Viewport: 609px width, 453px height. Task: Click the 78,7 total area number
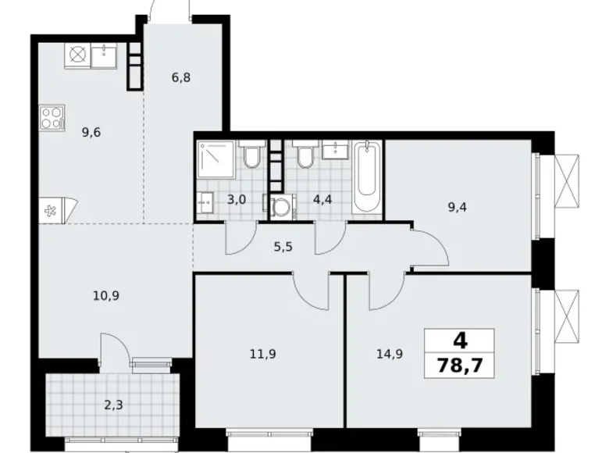click(x=461, y=365)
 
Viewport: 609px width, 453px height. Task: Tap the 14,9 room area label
click(x=390, y=352)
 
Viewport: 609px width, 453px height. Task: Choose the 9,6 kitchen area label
click(x=91, y=131)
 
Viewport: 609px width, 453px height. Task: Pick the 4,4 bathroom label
click(x=322, y=200)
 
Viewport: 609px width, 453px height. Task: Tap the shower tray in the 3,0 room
click(x=216, y=159)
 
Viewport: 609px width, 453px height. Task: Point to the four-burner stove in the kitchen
click(x=52, y=118)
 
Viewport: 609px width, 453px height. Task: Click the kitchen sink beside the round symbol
click(x=104, y=55)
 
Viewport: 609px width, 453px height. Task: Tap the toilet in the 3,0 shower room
click(x=251, y=158)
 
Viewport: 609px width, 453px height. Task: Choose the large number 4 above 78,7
click(x=461, y=341)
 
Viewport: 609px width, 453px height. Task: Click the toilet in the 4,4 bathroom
click(x=304, y=159)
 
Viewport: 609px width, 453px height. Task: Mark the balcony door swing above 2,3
click(x=110, y=344)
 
